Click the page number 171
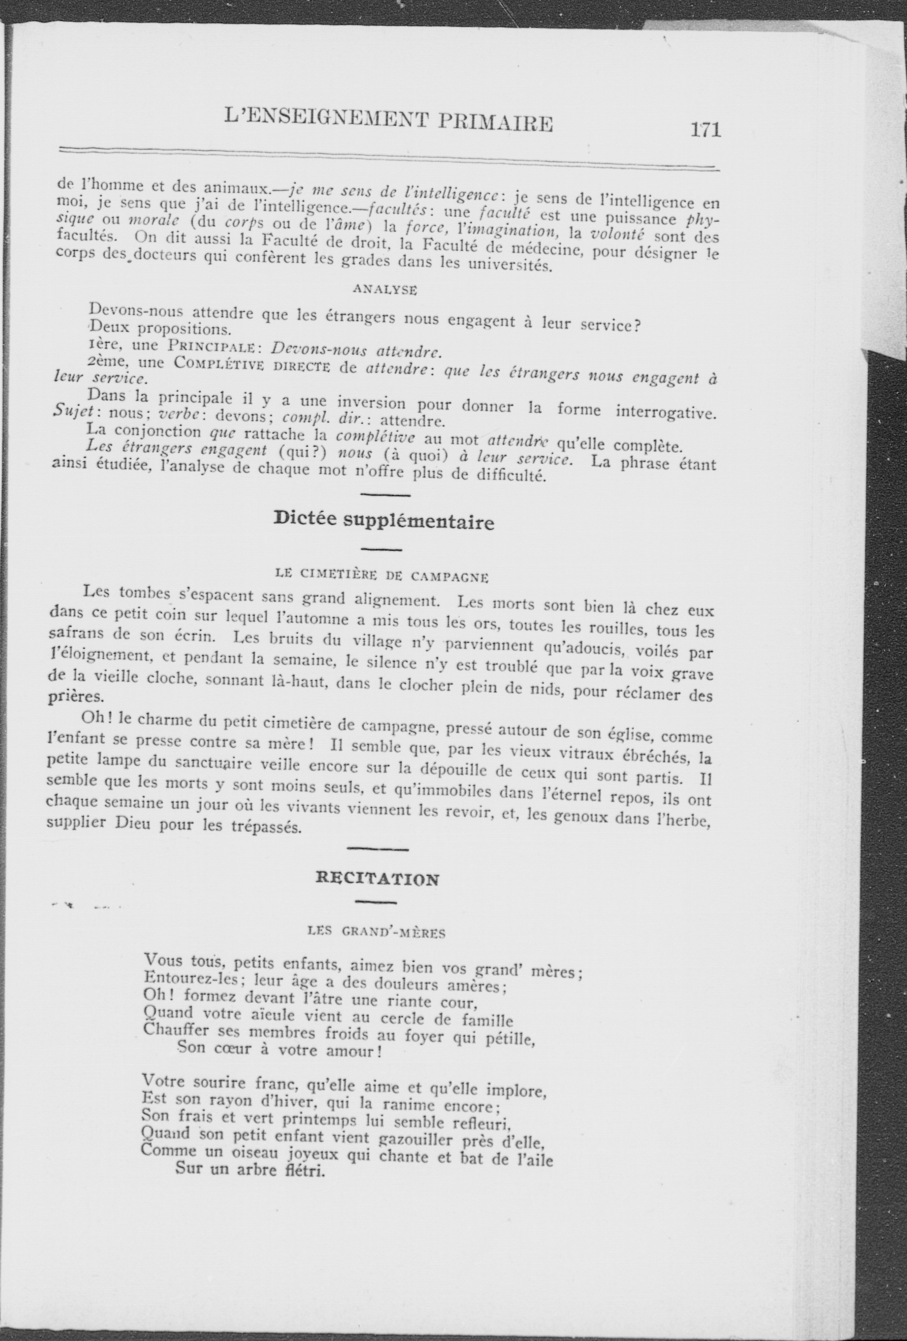point(705,129)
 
